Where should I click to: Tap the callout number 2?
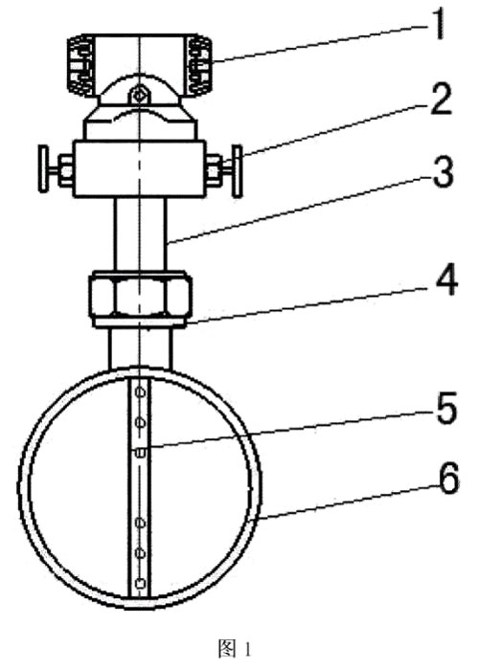pyautogui.click(x=441, y=100)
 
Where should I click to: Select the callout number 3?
pyautogui.click(x=443, y=172)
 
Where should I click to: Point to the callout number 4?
pyautogui.click(x=445, y=280)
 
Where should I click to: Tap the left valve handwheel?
pyautogui.click(x=43, y=169)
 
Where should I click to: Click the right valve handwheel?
pyautogui.click(x=237, y=171)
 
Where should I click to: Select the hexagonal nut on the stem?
pyautogui.click(x=140, y=295)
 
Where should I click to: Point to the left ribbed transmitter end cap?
pyautogui.click(x=80, y=65)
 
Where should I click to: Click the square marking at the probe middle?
pyautogui.click(x=139, y=453)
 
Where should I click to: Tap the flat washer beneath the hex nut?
pyautogui.click(x=140, y=323)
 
